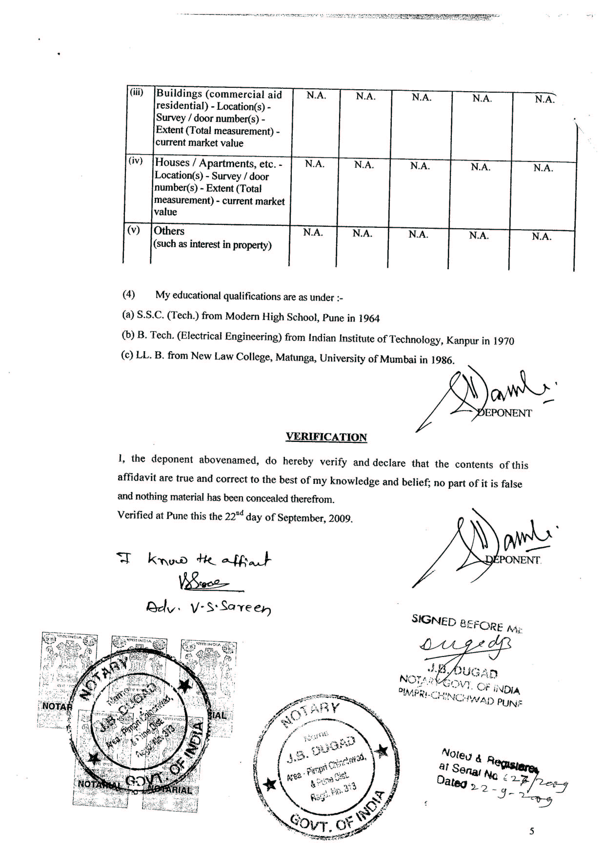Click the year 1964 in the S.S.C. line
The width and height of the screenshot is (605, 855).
(x=369, y=318)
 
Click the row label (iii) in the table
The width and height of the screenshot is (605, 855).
(x=136, y=92)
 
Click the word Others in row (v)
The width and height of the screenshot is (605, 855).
(x=169, y=231)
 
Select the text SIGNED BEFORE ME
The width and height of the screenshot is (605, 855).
(x=467, y=624)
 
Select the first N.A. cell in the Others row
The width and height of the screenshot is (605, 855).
(x=313, y=232)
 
